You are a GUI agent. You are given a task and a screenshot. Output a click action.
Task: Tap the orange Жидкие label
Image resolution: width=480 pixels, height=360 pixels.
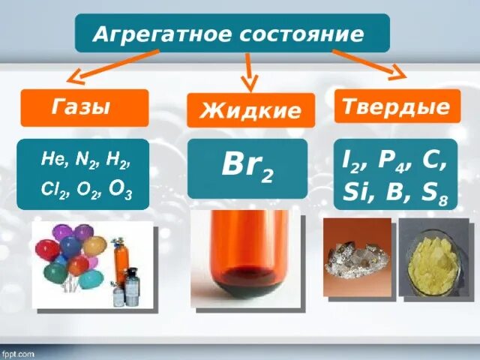point(250,111)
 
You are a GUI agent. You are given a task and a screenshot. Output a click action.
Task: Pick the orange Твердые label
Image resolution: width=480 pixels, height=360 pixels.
point(396,106)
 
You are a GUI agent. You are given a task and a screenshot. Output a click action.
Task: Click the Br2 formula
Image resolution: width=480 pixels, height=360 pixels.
point(247,166)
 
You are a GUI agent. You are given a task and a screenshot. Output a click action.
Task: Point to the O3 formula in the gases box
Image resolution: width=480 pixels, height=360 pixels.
point(119,193)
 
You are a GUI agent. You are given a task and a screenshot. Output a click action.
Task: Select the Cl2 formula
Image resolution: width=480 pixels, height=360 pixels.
point(52,193)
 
